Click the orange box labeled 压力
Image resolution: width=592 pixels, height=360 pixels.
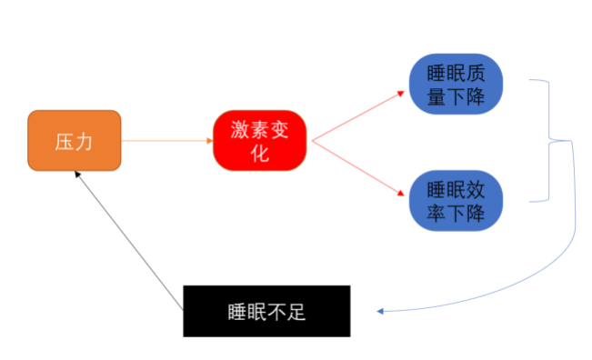(x=74, y=141)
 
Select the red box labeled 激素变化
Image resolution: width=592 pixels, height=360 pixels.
(x=260, y=141)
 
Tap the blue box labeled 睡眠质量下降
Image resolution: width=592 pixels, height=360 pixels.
(x=455, y=85)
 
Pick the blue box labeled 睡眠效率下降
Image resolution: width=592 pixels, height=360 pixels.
(x=455, y=202)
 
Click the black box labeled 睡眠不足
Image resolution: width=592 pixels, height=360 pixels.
(x=266, y=311)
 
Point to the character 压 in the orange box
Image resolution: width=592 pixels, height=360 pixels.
(x=64, y=141)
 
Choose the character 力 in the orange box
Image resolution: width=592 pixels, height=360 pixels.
(x=84, y=141)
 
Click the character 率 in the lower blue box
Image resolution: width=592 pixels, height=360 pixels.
(x=435, y=214)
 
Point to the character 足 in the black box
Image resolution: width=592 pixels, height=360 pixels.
(x=297, y=312)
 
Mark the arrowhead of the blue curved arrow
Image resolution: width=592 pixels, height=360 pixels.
(x=381, y=311)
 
